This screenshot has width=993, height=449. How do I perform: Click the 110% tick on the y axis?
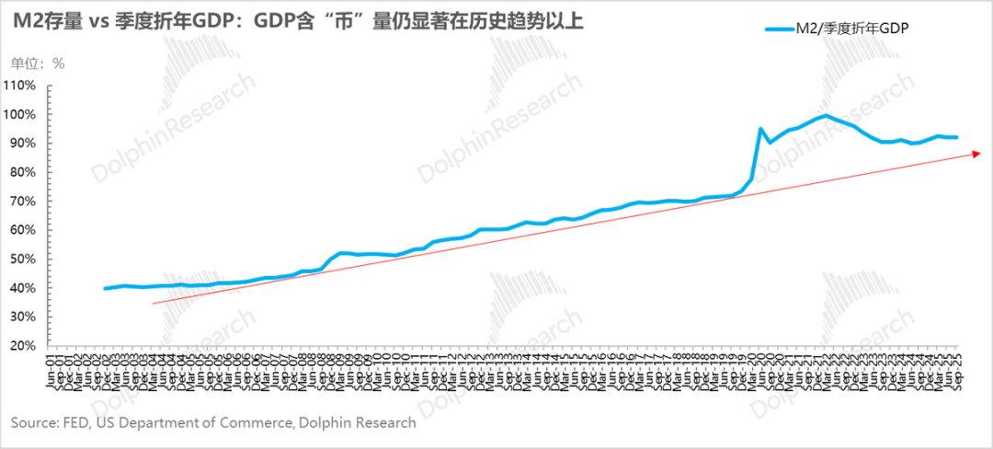(20, 86)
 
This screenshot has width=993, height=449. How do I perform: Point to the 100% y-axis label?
(20, 114)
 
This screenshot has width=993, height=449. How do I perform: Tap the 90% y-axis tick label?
(22, 144)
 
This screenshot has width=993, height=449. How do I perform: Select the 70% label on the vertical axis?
(22, 201)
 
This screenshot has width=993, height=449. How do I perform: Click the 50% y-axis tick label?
(22, 259)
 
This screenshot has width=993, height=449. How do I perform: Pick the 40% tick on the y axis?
(22, 288)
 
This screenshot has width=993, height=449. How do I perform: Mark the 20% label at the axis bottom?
(22, 346)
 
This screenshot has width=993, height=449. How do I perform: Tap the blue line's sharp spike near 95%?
(760, 129)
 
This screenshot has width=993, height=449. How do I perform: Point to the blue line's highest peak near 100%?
(827, 116)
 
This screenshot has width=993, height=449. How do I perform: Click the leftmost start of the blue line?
(106, 288)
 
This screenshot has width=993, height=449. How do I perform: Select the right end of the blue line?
(956, 137)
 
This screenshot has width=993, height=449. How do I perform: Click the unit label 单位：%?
(38, 63)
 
